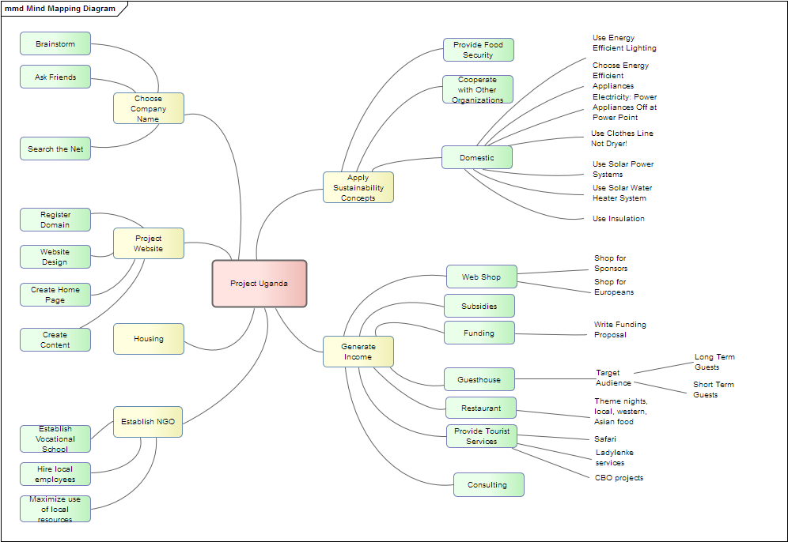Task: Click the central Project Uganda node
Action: pos(259,284)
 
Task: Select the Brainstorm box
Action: pos(55,44)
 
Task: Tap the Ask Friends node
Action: pos(55,77)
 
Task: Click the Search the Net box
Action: pos(55,149)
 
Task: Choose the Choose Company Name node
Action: pos(148,109)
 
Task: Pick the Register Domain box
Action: pos(55,220)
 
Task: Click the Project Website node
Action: pos(148,243)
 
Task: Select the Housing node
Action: pos(148,339)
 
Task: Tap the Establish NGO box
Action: pos(148,422)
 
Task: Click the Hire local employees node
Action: pos(55,474)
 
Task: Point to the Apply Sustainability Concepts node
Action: pos(358,188)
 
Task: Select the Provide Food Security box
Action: pos(478,50)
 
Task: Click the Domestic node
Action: pos(476,157)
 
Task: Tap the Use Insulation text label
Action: pos(618,219)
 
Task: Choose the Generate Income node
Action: pos(358,352)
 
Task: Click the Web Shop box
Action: pos(481,277)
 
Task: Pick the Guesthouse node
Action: pos(479,380)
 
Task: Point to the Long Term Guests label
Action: pos(714,362)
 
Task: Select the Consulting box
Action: pos(488,485)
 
